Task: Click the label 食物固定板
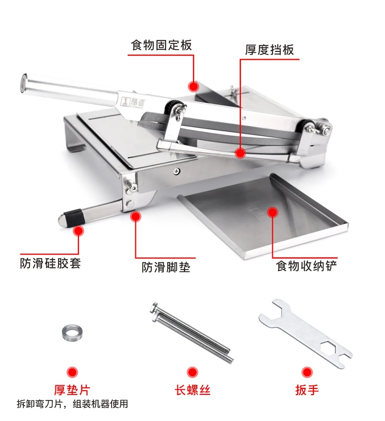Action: (161, 45)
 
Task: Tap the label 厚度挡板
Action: (269, 50)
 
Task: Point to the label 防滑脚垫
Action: (166, 267)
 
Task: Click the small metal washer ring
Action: (72, 332)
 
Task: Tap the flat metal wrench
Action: (305, 333)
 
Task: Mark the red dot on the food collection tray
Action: (272, 212)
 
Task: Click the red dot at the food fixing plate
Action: (194, 86)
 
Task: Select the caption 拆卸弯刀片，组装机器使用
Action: (72, 404)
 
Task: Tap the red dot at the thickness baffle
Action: (240, 153)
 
